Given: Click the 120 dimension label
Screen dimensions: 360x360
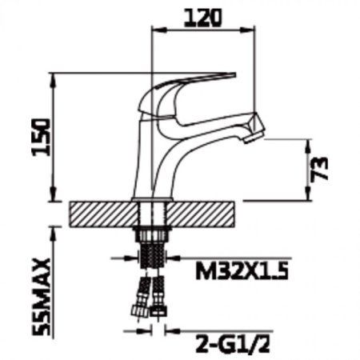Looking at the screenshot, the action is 202,18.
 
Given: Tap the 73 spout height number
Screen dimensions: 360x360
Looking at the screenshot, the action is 319,169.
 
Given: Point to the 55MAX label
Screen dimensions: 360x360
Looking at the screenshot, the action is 41,297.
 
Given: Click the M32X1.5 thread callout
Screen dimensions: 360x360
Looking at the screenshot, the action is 242,271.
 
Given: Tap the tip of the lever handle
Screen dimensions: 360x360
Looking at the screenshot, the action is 234,74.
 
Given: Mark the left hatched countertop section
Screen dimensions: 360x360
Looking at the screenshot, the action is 104,214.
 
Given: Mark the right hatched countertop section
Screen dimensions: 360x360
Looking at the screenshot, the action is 201,214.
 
